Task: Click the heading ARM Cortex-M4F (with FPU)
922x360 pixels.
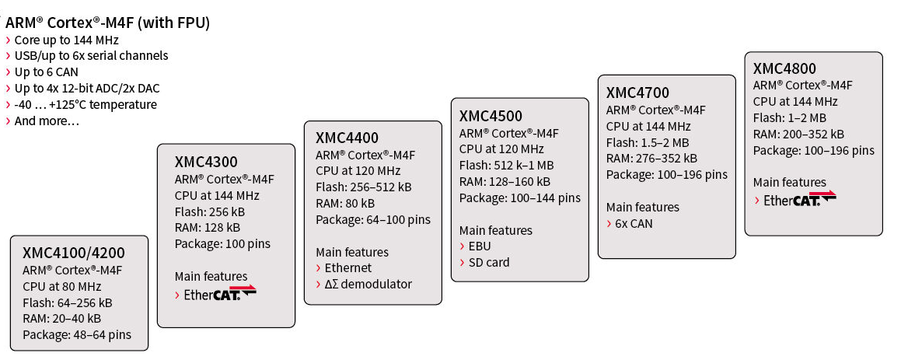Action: [107, 23]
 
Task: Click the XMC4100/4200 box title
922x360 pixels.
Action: [74, 253]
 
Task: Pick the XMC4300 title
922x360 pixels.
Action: [206, 162]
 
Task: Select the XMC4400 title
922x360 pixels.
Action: [347, 138]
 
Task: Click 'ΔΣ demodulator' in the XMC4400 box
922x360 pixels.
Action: [368, 285]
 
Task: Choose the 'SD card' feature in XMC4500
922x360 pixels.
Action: [489, 262]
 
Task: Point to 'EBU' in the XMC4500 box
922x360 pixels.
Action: [479, 246]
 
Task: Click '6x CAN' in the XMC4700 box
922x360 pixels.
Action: [634, 223]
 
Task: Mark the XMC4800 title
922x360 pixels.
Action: [784, 68]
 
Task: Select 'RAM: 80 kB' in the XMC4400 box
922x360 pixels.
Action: [345, 204]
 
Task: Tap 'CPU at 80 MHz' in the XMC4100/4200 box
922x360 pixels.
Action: [61, 286]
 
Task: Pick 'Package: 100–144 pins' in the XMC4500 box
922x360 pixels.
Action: [520, 197]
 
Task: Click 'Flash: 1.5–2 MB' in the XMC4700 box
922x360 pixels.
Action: [648, 142]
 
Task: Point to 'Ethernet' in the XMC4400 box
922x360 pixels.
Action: [348, 268]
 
